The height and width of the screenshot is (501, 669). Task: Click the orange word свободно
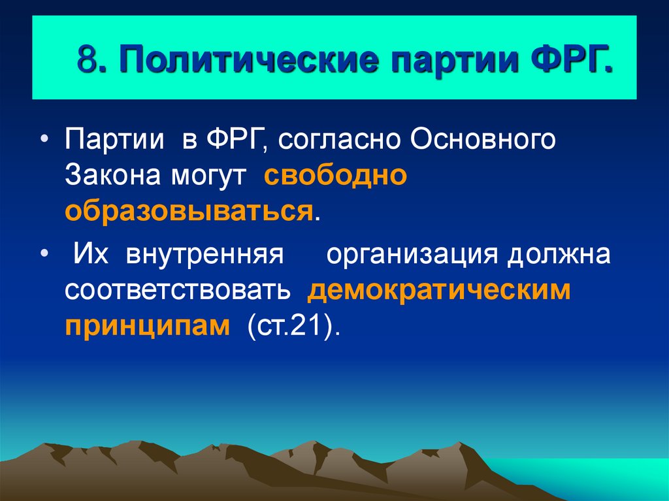point(336,176)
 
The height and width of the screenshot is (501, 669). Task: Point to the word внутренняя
point(203,253)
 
